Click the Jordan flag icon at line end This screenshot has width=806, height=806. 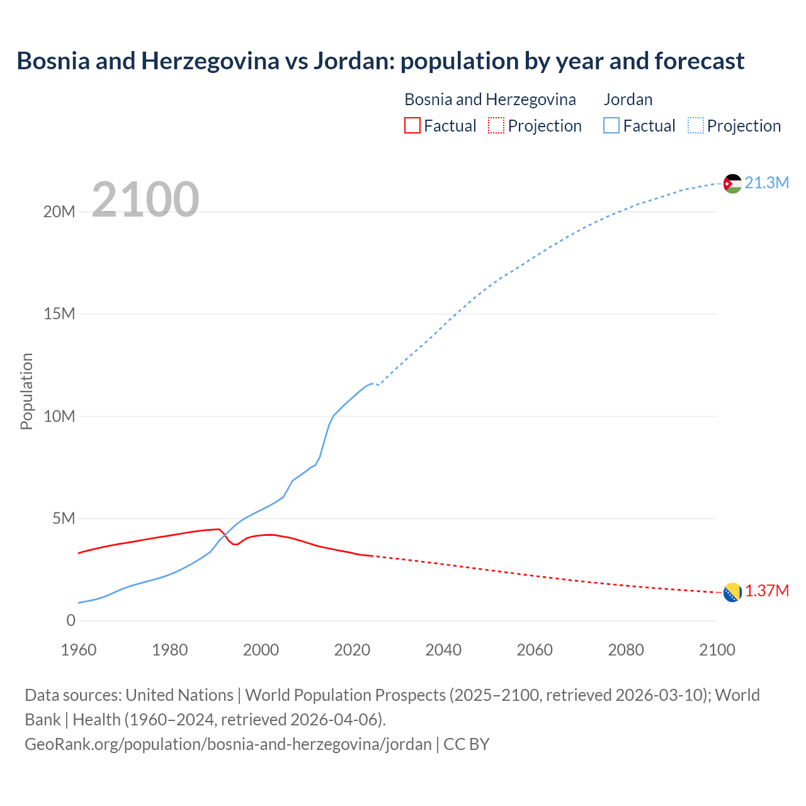[x=732, y=183]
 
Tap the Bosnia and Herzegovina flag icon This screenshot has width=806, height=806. [x=732, y=592]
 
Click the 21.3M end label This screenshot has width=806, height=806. [x=766, y=183]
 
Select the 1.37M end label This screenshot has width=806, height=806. [x=767, y=591]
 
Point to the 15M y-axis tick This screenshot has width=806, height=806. [x=59, y=314]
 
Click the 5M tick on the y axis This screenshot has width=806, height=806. [x=64, y=518]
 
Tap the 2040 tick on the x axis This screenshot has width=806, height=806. [x=443, y=650]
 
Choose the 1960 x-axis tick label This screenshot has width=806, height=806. [x=79, y=650]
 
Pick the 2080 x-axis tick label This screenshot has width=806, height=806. [x=626, y=650]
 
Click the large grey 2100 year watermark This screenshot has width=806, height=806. [x=145, y=200]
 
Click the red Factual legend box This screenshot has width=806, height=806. [x=412, y=125]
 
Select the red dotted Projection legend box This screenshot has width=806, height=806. [x=496, y=125]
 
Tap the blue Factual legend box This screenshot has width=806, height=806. [x=611, y=125]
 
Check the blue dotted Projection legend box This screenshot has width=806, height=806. [x=696, y=125]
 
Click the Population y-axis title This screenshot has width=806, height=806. [x=26, y=391]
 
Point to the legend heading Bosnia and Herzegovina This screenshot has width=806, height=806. [x=490, y=99]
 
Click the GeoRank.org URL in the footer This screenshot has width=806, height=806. [x=228, y=744]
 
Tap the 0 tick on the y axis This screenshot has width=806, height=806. [x=71, y=621]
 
